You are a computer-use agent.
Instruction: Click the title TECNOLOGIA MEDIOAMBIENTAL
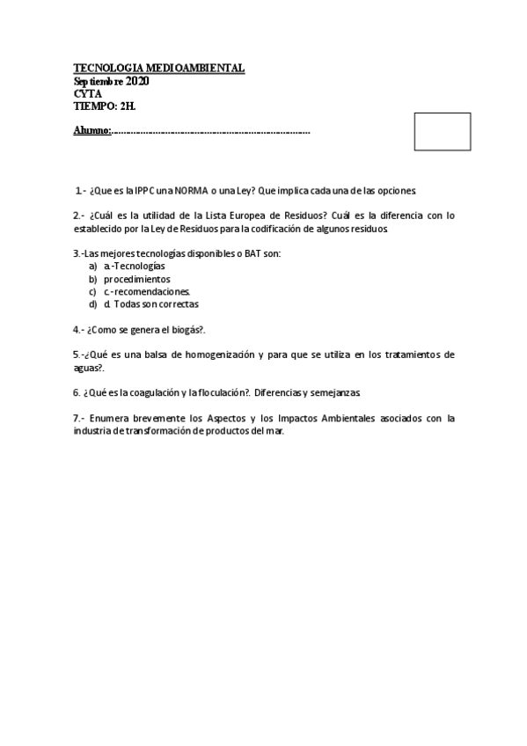pos(159,68)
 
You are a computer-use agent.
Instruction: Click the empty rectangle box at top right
pos(442,131)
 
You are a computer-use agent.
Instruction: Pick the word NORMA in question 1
pos(190,190)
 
